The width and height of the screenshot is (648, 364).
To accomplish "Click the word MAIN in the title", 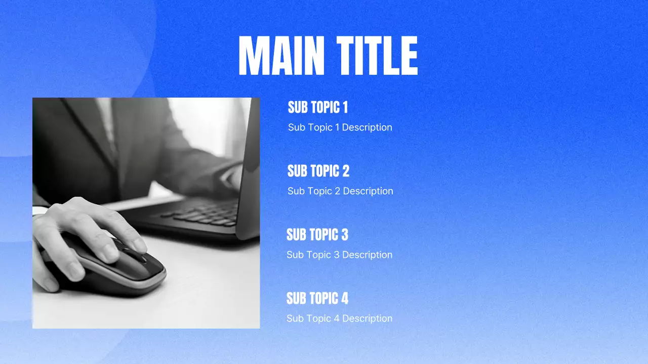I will point(281,56).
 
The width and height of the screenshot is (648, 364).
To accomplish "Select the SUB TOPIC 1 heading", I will point(318,107).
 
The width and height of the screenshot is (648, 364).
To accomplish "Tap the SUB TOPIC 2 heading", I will point(318,171).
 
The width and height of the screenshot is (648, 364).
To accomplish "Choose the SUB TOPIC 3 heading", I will point(317,235).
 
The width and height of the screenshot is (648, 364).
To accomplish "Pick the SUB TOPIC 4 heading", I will point(317,298).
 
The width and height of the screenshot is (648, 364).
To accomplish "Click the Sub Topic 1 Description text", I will point(340,127).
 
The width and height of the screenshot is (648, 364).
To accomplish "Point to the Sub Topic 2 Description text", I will point(340,191).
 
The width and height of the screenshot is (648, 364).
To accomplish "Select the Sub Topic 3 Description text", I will point(339,255).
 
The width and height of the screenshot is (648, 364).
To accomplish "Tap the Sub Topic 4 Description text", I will point(339,318).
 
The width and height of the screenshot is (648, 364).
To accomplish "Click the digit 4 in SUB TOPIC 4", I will point(345,298).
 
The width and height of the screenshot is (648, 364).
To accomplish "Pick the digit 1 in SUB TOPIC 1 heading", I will point(345,107).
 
